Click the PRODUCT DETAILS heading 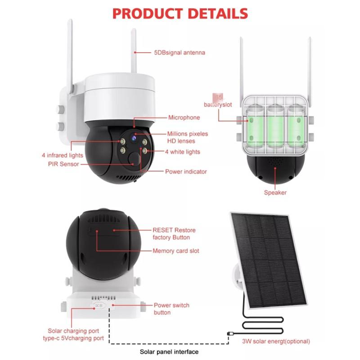(x=180, y=13)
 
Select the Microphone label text (x=184, y=117)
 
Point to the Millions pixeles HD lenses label (x=188, y=137)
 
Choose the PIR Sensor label (x=63, y=164)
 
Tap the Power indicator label (x=186, y=171)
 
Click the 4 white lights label (x=182, y=152)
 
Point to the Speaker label (x=275, y=193)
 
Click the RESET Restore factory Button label (x=174, y=234)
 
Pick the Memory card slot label (x=176, y=251)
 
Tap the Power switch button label (x=171, y=309)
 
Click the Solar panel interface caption (x=169, y=351)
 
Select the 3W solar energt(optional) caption (x=276, y=341)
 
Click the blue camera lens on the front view (x=134, y=135)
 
